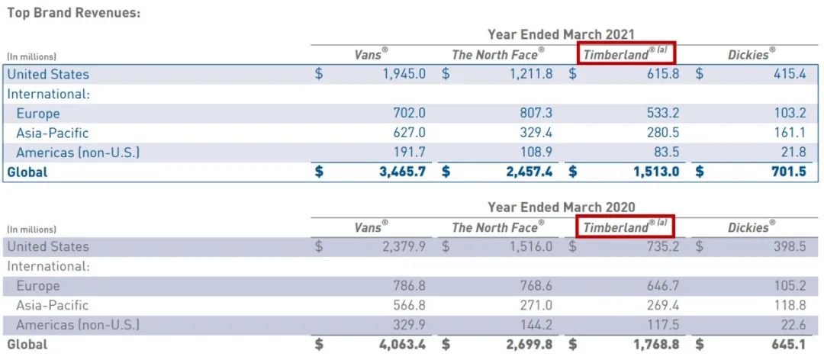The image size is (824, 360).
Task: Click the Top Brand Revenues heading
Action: click(74, 13)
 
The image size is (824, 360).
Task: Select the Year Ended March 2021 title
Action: click(561, 34)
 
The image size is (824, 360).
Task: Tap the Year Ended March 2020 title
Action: click(561, 207)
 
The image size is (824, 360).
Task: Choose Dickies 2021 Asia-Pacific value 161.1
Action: click(790, 133)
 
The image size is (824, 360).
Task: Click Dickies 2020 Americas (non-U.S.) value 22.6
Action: click(793, 325)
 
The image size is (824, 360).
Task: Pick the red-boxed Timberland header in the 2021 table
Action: click(625, 54)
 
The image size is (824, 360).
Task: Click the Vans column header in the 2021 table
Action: click(372, 54)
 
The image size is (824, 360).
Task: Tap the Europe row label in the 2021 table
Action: click(38, 114)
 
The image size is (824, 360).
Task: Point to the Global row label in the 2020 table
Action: click(27, 344)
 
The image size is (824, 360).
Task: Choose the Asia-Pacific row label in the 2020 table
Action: click(53, 305)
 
